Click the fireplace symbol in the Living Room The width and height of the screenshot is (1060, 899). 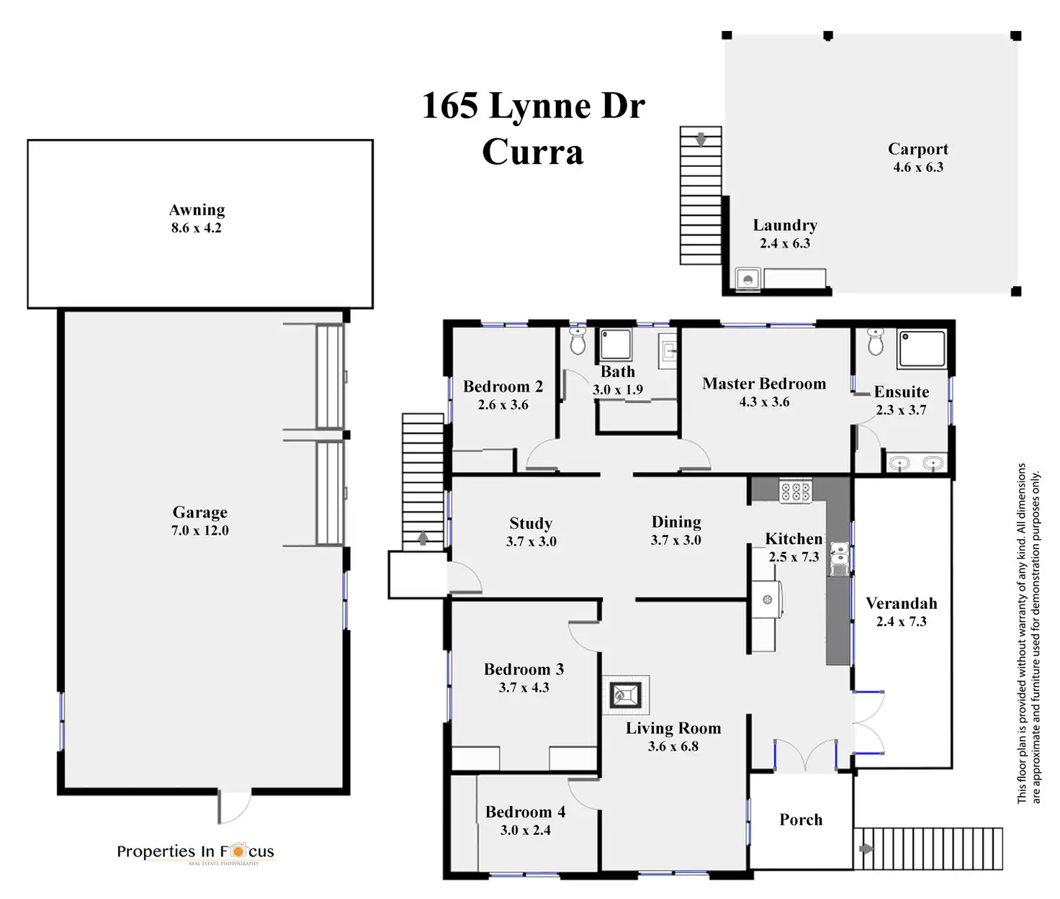[x=624, y=695]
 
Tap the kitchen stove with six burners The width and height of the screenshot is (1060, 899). [x=796, y=492]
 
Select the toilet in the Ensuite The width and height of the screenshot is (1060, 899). [x=876, y=343]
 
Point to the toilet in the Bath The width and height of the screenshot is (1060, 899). [x=578, y=342]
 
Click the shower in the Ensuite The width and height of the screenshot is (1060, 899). [x=922, y=349]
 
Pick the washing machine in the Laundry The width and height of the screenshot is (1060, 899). [x=748, y=279]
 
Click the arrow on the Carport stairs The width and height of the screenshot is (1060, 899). [x=701, y=138]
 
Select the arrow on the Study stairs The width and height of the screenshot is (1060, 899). [x=423, y=538]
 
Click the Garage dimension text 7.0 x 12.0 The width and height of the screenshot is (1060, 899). [x=200, y=530]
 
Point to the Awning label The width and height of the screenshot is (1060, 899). [x=197, y=210]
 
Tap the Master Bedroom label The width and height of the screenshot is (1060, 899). [x=764, y=384]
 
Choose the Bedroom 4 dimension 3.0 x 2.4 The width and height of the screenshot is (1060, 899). [x=526, y=830]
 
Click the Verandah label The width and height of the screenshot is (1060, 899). [x=901, y=603]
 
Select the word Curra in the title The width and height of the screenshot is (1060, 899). [x=532, y=152]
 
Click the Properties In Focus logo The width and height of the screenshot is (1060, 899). [x=196, y=852]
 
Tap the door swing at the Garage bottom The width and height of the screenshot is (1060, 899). [x=235, y=806]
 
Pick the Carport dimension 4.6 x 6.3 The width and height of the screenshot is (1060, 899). [x=918, y=167]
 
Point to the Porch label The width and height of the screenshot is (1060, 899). [x=801, y=820]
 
